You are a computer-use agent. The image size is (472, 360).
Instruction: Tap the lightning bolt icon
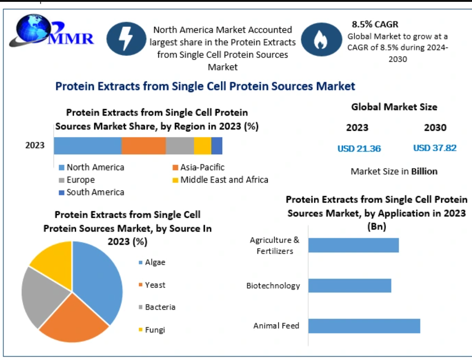coord(127,39)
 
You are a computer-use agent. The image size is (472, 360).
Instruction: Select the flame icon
coord(322,40)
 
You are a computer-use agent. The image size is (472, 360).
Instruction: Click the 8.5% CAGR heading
coord(375,24)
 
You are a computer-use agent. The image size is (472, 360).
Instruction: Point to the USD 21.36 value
coord(359,149)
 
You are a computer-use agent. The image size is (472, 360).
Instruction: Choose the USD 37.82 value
coord(435,148)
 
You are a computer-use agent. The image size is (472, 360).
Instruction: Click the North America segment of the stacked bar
coord(87,146)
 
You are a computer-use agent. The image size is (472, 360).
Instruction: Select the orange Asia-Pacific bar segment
coord(144,146)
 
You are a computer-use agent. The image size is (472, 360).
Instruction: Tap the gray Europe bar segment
coord(180,146)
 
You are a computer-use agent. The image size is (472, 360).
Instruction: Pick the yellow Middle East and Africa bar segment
coord(202,146)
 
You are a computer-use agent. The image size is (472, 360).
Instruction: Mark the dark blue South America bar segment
coord(217,146)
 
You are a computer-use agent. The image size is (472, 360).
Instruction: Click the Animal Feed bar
coord(364,326)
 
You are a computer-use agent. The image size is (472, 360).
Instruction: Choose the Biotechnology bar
coord(350,285)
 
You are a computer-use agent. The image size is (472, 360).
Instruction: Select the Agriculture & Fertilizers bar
coord(354,245)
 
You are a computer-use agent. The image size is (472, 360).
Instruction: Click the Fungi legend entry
coord(152,330)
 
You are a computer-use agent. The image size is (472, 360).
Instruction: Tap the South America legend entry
coord(92,192)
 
